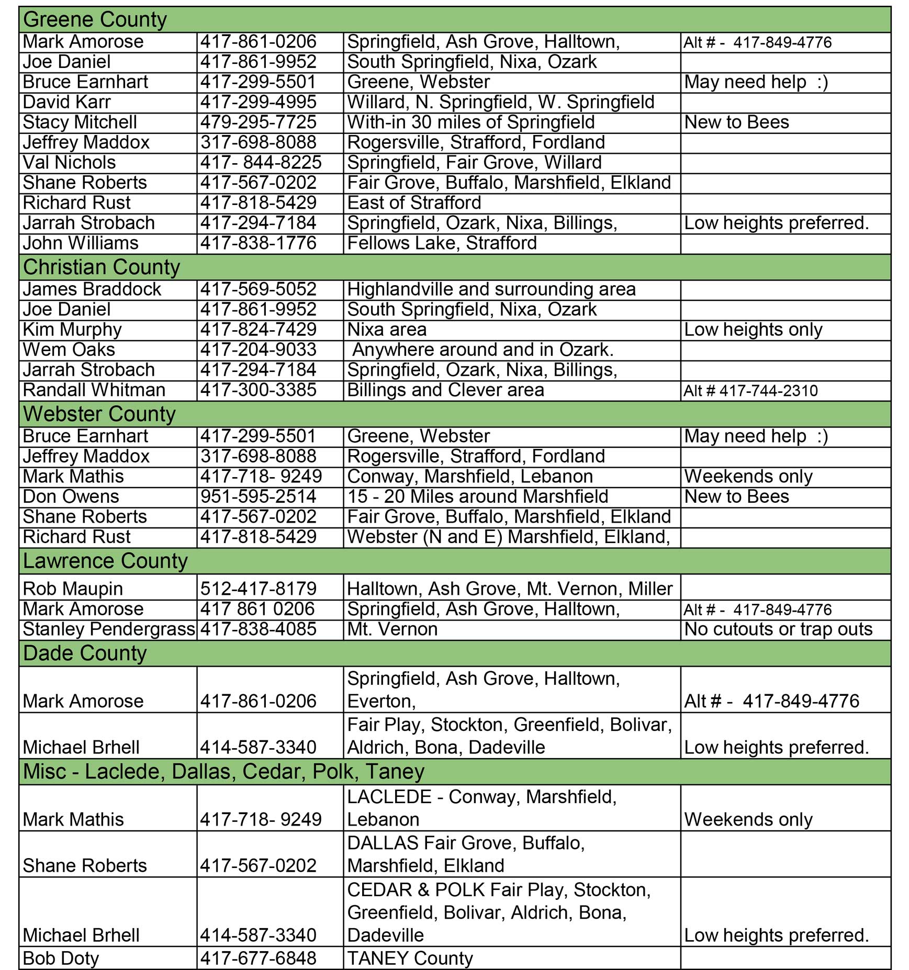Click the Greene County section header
95,20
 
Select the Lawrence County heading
105,561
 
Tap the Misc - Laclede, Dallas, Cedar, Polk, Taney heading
223,772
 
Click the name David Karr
67,102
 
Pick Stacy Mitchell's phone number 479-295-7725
259,122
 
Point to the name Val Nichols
69,163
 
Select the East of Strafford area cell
414,203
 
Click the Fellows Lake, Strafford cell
442,243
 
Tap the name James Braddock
92,289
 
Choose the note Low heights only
753,330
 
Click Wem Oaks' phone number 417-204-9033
259,349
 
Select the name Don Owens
71,497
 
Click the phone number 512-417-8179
259,589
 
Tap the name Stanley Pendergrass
109,629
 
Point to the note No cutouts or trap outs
778,629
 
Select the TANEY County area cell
410,958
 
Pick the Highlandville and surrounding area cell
491,289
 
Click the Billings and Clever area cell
445,390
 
